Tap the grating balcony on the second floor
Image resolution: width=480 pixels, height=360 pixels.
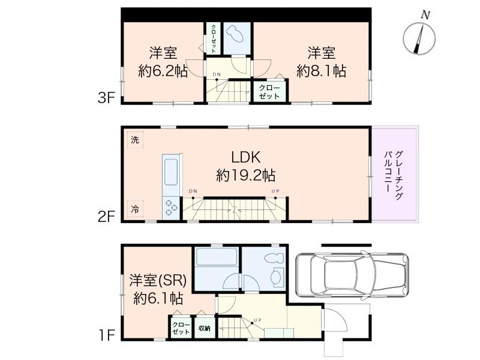[395, 173]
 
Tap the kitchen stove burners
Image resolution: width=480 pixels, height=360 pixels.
[171, 206]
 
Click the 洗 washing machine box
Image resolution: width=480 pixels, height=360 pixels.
[135, 140]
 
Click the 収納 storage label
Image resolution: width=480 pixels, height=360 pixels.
[205, 328]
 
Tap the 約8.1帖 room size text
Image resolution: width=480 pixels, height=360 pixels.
[321, 71]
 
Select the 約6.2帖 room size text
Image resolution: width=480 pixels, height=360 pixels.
[163, 71]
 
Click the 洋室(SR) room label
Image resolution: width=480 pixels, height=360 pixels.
[158, 280]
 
